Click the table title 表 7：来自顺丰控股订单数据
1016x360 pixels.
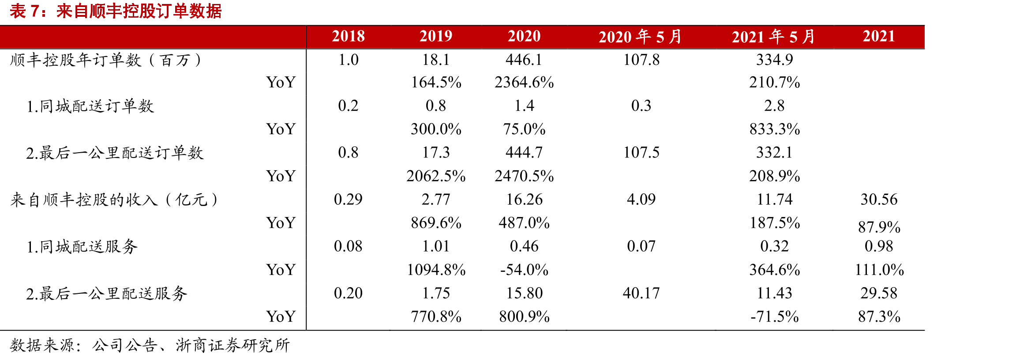click(x=116, y=11)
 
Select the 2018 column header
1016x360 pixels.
click(x=349, y=36)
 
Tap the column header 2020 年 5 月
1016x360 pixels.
click(x=641, y=37)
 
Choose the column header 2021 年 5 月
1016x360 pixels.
click(x=774, y=37)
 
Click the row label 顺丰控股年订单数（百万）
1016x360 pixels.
click(x=106, y=60)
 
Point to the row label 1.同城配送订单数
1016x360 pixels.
click(x=90, y=106)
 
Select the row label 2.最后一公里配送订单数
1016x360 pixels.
click(x=115, y=153)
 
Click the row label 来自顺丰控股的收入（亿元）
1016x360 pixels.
click(x=114, y=199)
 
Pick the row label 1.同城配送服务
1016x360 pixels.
click(x=82, y=246)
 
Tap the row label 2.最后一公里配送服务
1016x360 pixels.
click(x=106, y=293)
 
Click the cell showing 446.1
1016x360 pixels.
click(x=524, y=60)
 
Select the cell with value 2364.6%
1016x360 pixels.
click(x=524, y=82)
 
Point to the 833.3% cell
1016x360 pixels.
click(x=775, y=129)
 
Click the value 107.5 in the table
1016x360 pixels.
click(x=641, y=153)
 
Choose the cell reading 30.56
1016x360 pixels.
click(x=879, y=199)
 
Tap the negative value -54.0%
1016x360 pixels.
click(x=524, y=270)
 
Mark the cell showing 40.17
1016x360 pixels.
click(x=641, y=293)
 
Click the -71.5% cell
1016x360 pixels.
click(x=775, y=316)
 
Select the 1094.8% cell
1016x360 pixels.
click(x=436, y=270)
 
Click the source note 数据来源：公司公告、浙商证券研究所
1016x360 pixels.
click(x=150, y=345)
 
